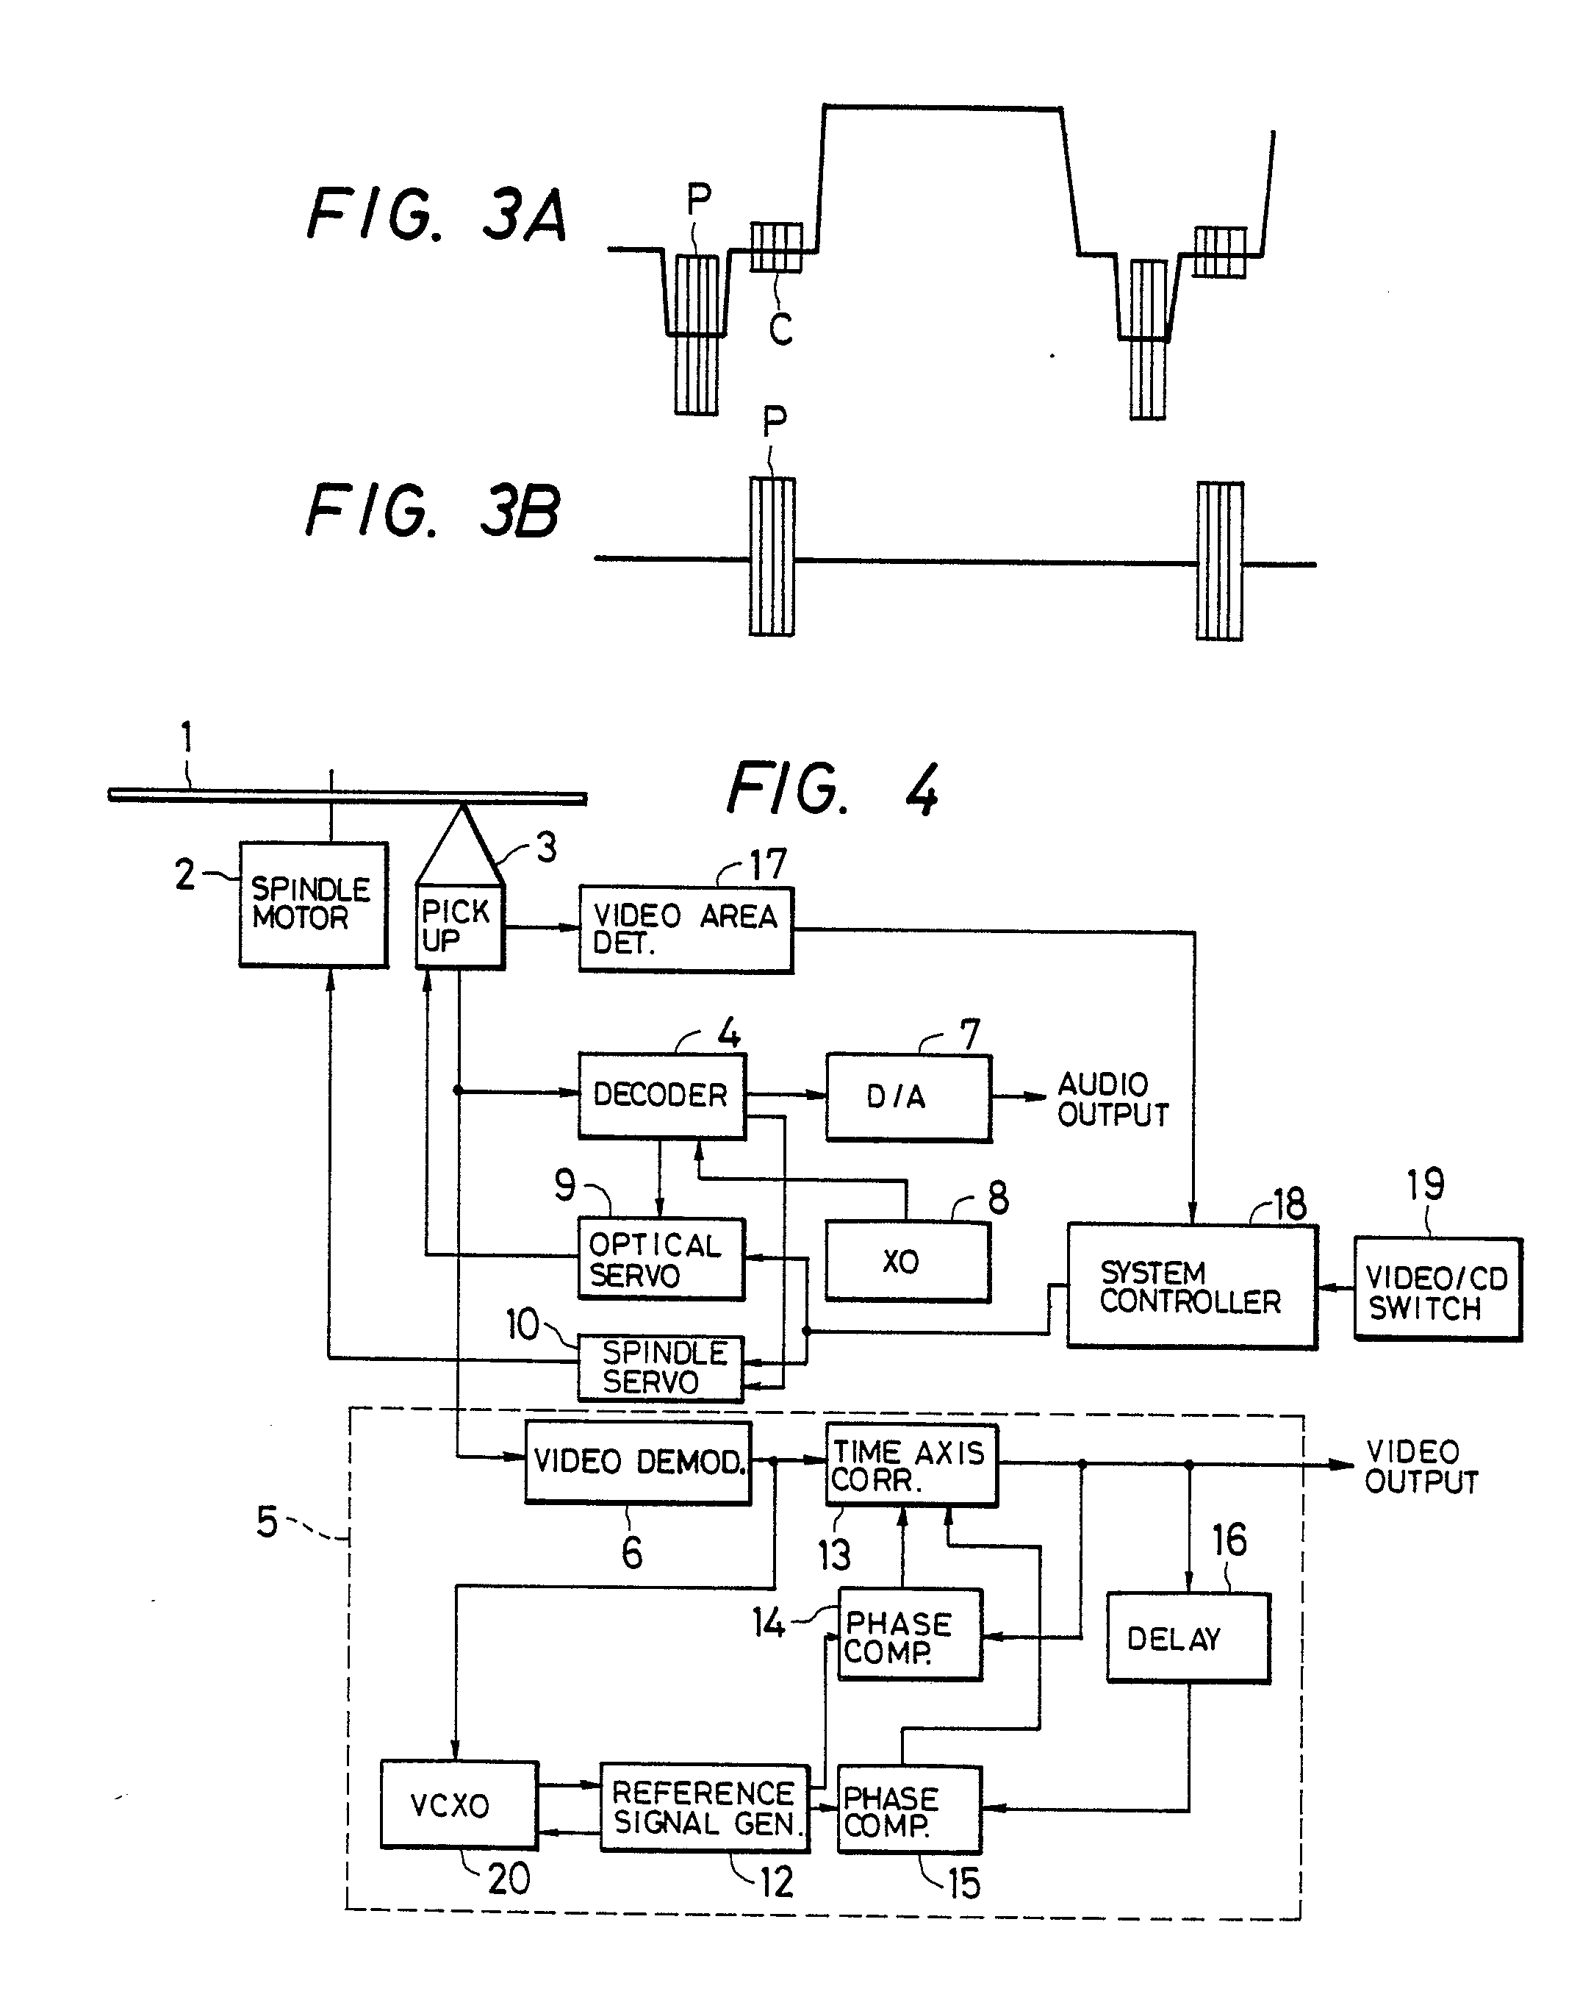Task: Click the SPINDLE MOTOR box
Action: point(312,904)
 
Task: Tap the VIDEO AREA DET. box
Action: point(686,929)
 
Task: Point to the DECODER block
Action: point(661,1095)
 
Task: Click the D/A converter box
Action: point(908,1098)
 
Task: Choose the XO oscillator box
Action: point(907,1261)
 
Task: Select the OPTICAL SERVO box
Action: point(661,1259)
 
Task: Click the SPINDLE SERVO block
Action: point(661,1368)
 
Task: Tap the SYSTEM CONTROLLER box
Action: point(1191,1286)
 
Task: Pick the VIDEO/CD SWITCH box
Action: point(1437,1289)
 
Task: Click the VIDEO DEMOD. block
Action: point(637,1462)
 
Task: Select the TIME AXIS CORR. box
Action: point(911,1465)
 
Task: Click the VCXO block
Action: point(459,1804)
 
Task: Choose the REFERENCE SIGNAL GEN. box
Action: point(705,1807)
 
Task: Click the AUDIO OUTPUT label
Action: point(1112,1099)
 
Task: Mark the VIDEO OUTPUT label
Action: point(1420,1466)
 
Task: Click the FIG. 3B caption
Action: point(432,511)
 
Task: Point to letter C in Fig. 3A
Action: point(780,329)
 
